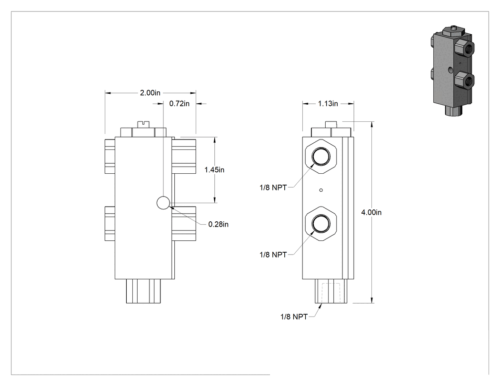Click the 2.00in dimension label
click(x=150, y=93)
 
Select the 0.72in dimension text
click(x=179, y=104)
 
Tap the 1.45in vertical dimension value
click(x=214, y=170)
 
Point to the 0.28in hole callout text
click(x=219, y=224)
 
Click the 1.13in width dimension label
click(x=328, y=104)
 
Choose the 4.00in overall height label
click(x=371, y=212)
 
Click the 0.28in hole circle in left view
click(x=163, y=203)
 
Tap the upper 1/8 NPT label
click(x=273, y=188)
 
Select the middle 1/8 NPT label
click(x=273, y=255)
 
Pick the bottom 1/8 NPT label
click(x=294, y=317)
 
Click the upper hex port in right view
click(x=321, y=157)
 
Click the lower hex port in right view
click(x=321, y=223)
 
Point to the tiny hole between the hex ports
click(x=321, y=190)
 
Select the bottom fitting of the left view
click(x=143, y=291)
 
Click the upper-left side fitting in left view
click(x=110, y=156)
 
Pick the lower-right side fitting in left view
click(x=184, y=223)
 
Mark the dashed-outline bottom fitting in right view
click(x=331, y=291)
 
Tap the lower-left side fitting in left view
click(x=110, y=223)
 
